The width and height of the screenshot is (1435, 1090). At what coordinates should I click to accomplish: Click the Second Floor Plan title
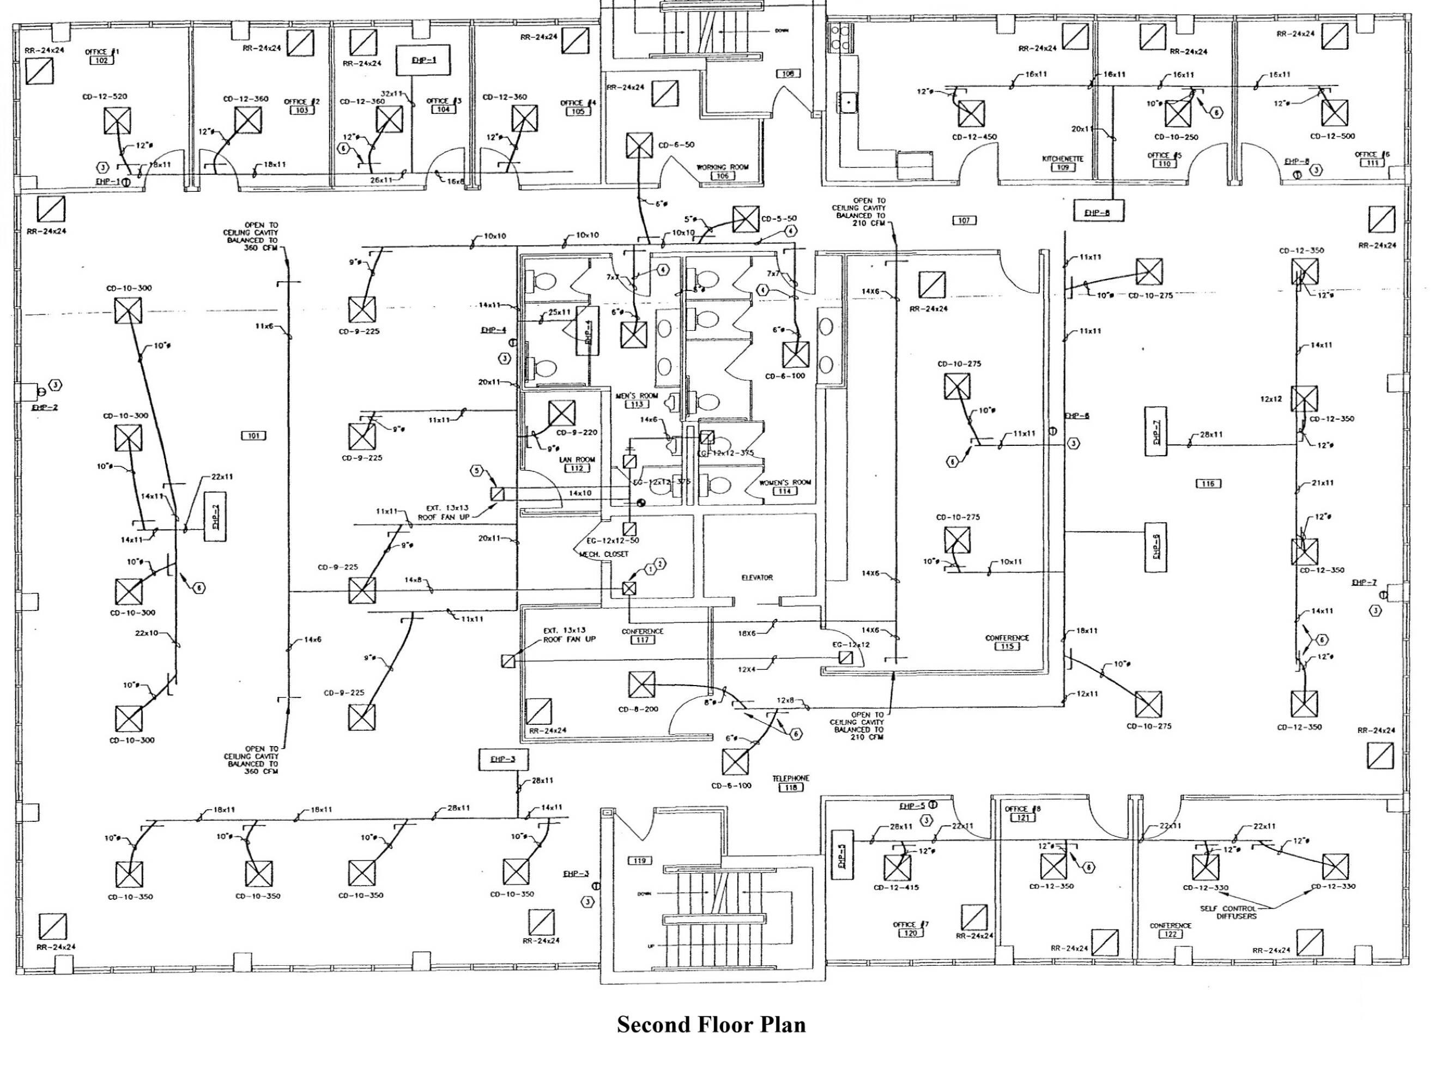coord(711,1025)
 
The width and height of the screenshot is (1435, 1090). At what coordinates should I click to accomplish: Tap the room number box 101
coord(253,435)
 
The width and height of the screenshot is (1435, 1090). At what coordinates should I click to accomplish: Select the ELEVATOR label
coord(757,578)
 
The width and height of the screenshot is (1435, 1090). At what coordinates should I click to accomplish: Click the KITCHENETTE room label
coord(1063,159)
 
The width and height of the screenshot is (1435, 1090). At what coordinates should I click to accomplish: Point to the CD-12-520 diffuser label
coord(105,96)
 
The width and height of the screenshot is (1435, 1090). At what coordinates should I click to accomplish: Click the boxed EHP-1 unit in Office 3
coord(424,60)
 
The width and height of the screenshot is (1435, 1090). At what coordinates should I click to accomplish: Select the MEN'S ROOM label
coord(637,396)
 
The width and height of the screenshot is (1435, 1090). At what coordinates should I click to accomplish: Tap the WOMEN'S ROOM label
coord(785,483)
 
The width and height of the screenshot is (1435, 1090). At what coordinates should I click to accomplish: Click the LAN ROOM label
coord(577,459)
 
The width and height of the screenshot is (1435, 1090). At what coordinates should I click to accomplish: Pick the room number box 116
coord(1208,483)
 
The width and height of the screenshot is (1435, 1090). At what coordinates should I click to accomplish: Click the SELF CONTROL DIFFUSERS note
coord(1227,912)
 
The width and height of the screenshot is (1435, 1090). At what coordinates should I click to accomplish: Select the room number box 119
coord(640,861)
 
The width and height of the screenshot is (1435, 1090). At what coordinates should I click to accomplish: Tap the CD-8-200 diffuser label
coord(638,709)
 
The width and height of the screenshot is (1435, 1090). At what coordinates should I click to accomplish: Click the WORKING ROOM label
coord(722,167)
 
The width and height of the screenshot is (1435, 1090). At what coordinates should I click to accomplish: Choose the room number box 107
coord(964,221)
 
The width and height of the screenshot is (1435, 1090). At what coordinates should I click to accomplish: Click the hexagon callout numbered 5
coord(477,470)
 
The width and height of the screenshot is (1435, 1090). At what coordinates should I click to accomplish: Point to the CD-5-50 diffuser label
coord(779,219)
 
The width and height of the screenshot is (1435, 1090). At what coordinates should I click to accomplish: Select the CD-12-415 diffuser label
coord(896,888)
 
